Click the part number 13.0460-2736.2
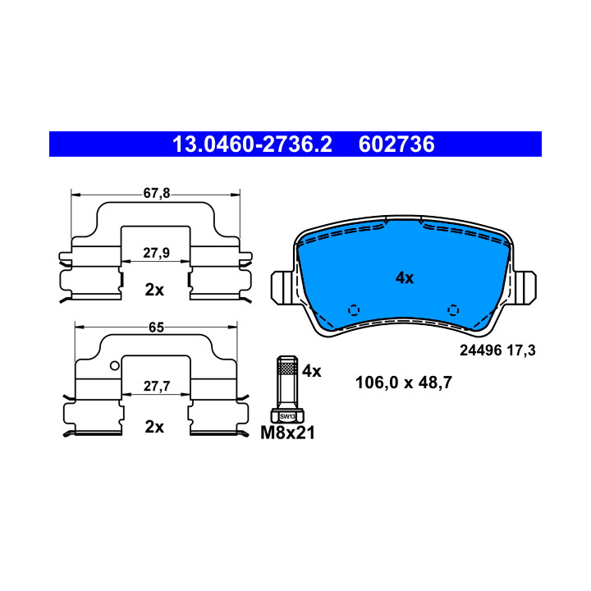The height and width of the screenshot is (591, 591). [x=252, y=144]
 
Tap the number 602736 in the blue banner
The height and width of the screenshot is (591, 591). [x=396, y=144]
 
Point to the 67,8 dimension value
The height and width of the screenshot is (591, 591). [x=157, y=194]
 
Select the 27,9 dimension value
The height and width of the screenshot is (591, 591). [x=156, y=253]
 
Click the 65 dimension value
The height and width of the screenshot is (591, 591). [x=156, y=328]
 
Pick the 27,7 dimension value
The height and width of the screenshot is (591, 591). [x=157, y=386]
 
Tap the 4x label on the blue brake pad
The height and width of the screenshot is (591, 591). [x=405, y=278]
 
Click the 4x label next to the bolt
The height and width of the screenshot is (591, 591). [x=311, y=371]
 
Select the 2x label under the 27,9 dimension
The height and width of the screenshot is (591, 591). [x=154, y=291]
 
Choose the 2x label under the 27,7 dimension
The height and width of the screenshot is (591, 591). [x=154, y=427]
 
